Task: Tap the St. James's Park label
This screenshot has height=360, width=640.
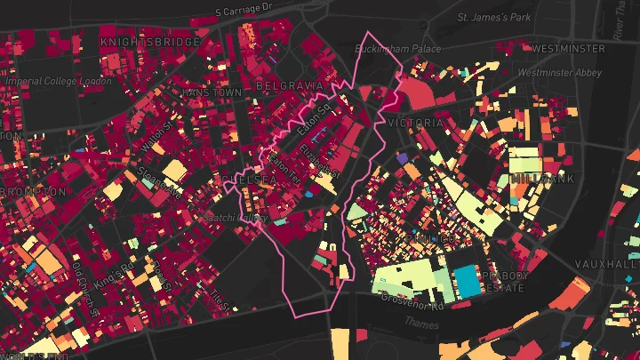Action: [x=492, y=17]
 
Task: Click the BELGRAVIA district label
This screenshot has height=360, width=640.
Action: [x=289, y=85]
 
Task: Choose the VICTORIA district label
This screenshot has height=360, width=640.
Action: [x=415, y=122]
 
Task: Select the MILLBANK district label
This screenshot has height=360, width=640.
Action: [x=542, y=179]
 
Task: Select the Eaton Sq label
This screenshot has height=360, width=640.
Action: [x=314, y=118]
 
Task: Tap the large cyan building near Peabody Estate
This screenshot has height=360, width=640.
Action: [x=467, y=282]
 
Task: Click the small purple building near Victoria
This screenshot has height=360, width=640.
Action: [x=401, y=158]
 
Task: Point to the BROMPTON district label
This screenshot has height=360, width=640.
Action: [x=34, y=191]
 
